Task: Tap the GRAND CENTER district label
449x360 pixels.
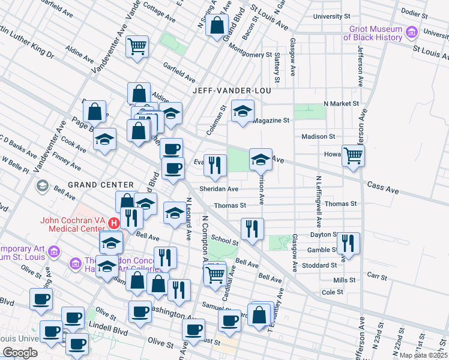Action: [101, 184]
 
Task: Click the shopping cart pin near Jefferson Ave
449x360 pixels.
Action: [354, 155]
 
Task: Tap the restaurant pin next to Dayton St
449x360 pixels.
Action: [348, 243]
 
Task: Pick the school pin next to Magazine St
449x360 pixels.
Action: [243, 111]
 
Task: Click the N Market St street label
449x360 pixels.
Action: [341, 103]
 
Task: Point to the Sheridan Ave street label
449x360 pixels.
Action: [219, 188]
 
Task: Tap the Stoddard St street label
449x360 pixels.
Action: [320, 265]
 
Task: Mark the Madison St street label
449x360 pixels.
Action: [318, 136]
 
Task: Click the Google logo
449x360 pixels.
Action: [20, 352]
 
